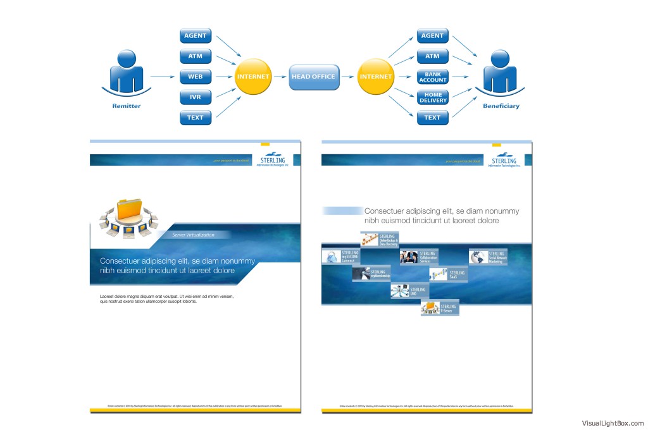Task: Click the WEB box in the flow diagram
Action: click(x=195, y=77)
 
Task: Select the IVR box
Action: click(x=195, y=97)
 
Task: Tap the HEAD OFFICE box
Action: click(x=314, y=77)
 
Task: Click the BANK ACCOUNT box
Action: click(x=433, y=77)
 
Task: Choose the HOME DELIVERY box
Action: click(x=433, y=97)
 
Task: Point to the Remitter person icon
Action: click(x=127, y=73)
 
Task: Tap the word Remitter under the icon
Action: click(x=127, y=106)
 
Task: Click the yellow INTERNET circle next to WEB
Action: click(x=253, y=77)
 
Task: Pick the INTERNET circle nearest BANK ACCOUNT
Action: click(x=376, y=77)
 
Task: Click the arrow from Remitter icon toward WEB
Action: click(x=162, y=77)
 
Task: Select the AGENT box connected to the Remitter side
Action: click(x=195, y=36)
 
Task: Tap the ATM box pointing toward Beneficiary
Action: click(x=433, y=56)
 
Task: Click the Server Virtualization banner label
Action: click(x=194, y=235)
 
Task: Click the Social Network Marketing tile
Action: click(x=488, y=257)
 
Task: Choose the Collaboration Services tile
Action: click(x=419, y=257)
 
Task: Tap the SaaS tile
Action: click(x=448, y=274)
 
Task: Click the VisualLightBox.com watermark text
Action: click(x=613, y=424)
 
